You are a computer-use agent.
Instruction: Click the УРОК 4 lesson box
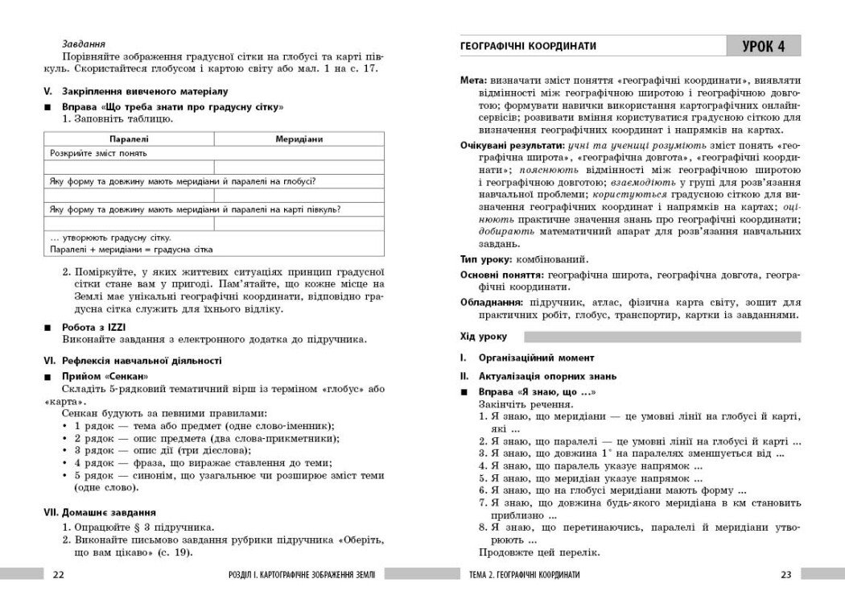point(763,47)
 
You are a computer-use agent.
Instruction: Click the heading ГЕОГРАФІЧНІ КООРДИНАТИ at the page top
point(528,47)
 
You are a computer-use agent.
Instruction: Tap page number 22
point(58,574)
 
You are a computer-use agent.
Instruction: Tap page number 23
point(786,574)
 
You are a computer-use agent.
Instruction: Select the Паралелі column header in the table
point(129,139)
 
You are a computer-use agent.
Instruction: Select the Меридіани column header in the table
point(299,139)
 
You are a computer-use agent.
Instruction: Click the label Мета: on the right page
point(473,81)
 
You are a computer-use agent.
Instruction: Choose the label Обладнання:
point(492,303)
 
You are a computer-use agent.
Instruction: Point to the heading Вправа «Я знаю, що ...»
point(536,391)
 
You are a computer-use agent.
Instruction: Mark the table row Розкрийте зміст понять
point(98,153)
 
